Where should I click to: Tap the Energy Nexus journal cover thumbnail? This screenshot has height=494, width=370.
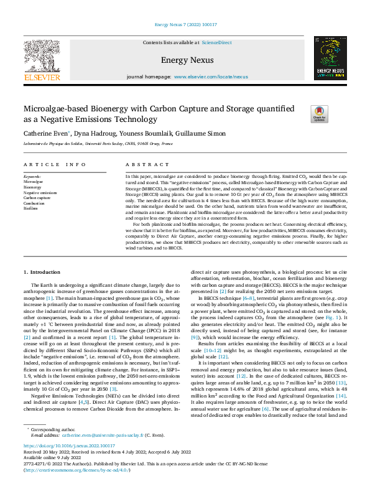(x=330, y=58)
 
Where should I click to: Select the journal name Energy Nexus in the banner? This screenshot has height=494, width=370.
(x=187, y=60)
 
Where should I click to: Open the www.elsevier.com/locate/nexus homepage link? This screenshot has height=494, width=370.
(x=211, y=77)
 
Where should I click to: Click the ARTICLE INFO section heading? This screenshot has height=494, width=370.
(x=55, y=165)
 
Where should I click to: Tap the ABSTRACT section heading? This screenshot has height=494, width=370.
(x=143, y=165)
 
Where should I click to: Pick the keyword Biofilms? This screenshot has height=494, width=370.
(x=31, y=208)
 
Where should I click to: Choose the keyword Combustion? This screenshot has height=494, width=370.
(x=34, y=203)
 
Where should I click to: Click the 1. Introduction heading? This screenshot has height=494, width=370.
(x=42, y=273)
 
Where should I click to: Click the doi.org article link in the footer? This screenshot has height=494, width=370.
(x=69, y=446)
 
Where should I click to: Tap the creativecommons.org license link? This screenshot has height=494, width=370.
(x=73, y=470)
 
